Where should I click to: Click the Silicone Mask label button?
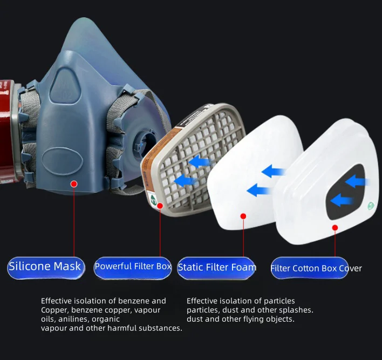point(46,268)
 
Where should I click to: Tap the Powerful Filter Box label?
point(133,268)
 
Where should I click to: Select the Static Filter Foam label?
point(216,268)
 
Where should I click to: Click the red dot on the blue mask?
point(74,184)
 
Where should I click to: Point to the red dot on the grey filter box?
point(160,206)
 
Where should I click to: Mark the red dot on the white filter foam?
point(243,216)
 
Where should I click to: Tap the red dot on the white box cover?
point(335,228)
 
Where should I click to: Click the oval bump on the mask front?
point(63,161)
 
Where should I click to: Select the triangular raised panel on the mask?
point(65,86)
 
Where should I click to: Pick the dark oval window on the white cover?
point(345,191)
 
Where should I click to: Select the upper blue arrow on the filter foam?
point(274,171)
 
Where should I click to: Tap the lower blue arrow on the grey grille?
point(186,181)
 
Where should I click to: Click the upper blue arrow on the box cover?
point(357,181)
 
